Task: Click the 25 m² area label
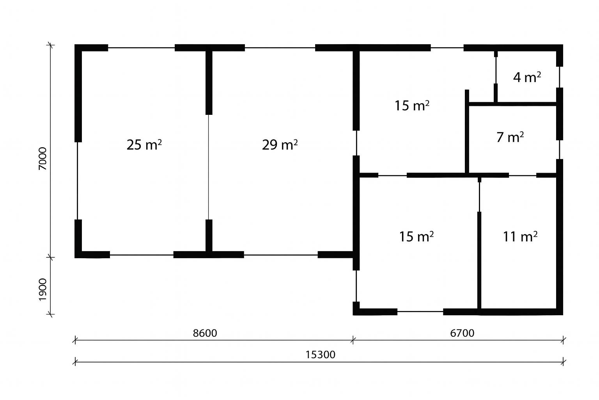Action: point(144,145)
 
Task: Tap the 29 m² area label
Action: point(280,145)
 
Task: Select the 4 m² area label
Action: point(527,77)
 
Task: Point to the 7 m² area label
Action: point(510,137)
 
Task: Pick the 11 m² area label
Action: point(520,237)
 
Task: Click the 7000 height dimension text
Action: point(43,159)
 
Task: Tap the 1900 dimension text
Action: point(43,290)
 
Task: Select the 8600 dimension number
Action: point(205,333)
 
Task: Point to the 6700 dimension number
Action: point(462,333)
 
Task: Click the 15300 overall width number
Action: point(320,355)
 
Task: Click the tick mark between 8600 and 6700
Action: point(353,341)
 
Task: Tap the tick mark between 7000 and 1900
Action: point(51,257)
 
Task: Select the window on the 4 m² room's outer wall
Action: point(560,77)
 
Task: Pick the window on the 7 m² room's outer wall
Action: point(560,150)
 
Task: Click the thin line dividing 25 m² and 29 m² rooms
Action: point(209,167)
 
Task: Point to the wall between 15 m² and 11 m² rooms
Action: point(479,260)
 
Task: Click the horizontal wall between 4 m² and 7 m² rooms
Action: point(513,104)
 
